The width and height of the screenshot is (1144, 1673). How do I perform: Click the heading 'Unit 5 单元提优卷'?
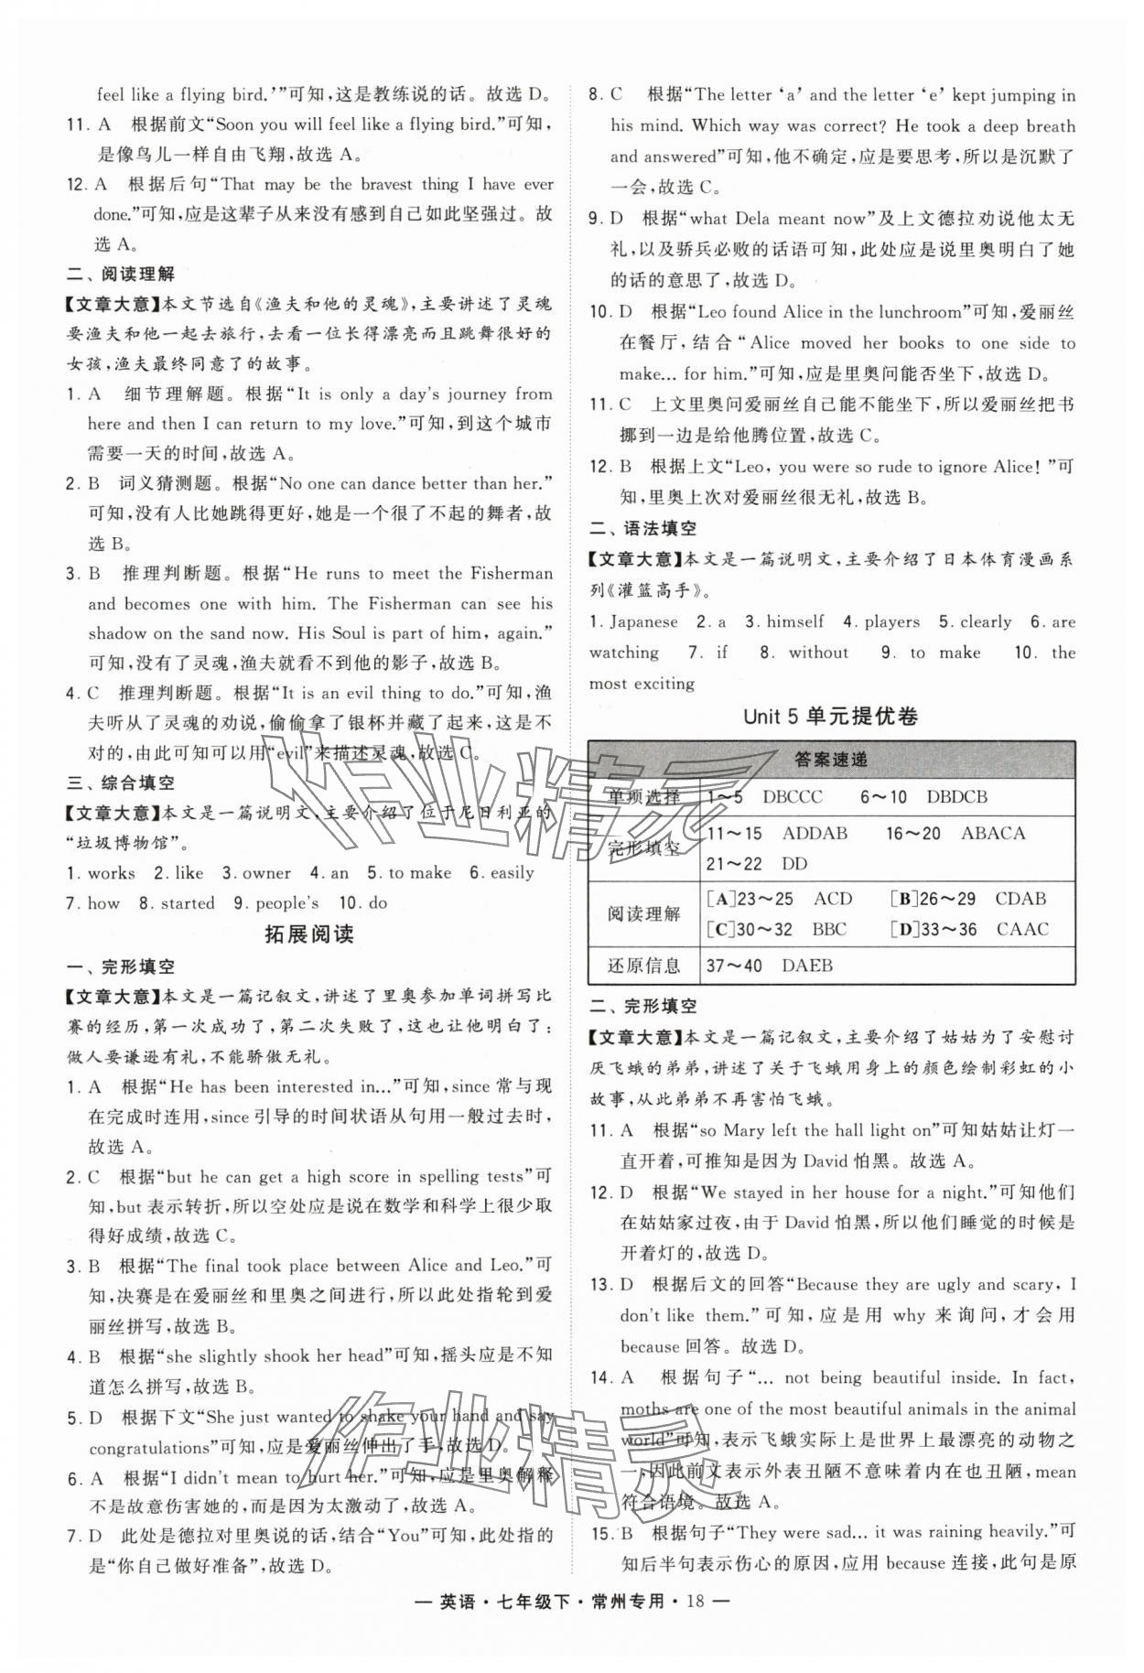tap(830, 717)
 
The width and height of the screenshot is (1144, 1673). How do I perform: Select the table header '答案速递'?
tap(831, 760)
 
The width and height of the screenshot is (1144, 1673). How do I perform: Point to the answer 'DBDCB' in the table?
tap(956, 797)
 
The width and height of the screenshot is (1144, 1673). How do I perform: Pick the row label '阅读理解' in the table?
tap(644, 913)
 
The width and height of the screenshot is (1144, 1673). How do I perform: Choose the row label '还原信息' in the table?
tap(644, 966)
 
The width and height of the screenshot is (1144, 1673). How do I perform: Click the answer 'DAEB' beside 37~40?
tap(807, 966)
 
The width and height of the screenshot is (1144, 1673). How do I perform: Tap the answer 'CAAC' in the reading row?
tap(1022, 930)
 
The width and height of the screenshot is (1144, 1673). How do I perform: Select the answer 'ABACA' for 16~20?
tap(993, 834)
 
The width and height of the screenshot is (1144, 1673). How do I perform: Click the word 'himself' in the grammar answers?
tap(794, 622)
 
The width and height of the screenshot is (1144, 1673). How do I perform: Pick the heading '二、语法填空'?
tap(642, 528)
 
